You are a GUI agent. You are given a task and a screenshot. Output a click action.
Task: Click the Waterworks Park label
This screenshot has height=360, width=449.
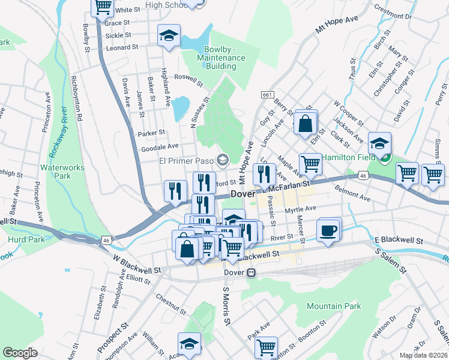[x=55, y=172]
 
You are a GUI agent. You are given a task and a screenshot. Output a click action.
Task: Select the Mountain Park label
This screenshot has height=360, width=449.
[x=334, y=306]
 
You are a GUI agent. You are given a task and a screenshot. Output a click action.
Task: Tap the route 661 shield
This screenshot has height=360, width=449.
[x=267, y=95]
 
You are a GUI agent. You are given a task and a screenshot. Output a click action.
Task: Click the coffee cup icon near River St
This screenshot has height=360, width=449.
[x=328, y=230]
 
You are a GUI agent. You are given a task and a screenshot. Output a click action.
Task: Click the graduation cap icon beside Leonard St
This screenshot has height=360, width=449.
[x=169, y=36]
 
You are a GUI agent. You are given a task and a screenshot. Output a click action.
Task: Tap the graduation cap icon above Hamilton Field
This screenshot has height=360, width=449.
[x=379, y=144]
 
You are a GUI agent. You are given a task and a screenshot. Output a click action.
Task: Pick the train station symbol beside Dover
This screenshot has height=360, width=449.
[x=252, y=272]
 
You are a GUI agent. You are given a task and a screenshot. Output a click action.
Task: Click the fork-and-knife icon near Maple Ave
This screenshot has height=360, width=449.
[x=265, y=175]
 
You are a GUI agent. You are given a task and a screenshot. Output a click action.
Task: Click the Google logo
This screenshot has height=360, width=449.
[x=20, y=353]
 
